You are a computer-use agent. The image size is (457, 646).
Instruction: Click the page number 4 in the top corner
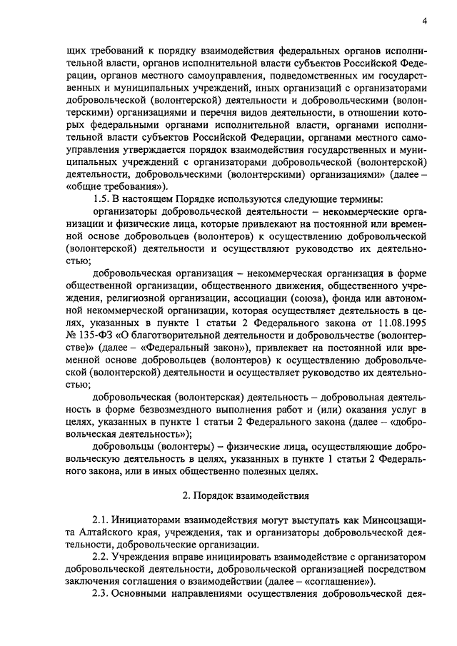(425, 21)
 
